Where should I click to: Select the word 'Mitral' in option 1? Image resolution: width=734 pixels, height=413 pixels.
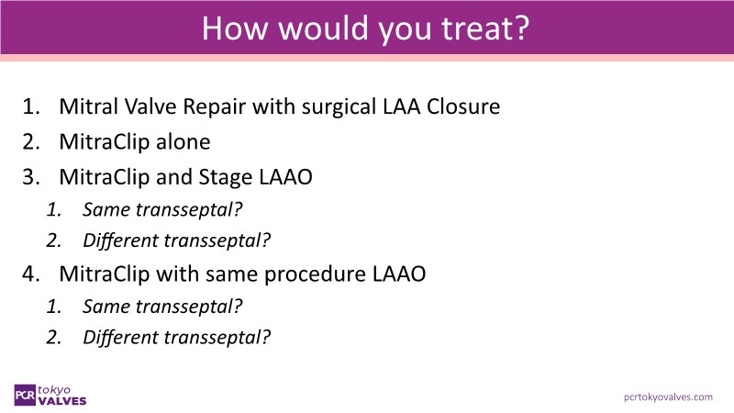(x=88, y=106)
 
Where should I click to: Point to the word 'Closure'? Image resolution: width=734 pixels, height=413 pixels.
(x=463, y=106)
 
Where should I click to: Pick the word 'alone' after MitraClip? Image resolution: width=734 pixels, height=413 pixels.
(x=183, y=141)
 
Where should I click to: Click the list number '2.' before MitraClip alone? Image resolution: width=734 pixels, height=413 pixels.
(x=31, y=142)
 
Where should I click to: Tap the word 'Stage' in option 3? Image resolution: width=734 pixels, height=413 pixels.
(x=226, y=177)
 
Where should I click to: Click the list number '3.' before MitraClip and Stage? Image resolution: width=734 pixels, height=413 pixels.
(x=31, y=177)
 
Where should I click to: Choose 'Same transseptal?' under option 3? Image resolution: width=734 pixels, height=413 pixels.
(x=162, y=209)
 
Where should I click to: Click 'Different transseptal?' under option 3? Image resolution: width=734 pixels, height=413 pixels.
(x=176, y=240)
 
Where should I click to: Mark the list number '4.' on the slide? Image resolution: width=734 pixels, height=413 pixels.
(x=31, y=273)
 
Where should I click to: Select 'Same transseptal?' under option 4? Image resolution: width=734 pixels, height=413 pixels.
(x=162, y=307)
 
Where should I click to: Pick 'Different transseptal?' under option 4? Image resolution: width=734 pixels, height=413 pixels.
(x=176, y=337)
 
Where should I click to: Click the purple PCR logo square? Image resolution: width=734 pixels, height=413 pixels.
(x=25, y=396)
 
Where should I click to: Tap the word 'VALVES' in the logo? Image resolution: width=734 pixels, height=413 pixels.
(x=62, y=401)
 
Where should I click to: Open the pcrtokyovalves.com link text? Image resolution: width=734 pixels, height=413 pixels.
(x=668, y=397)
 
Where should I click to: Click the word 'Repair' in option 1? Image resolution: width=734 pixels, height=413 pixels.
(x=214, y=107)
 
